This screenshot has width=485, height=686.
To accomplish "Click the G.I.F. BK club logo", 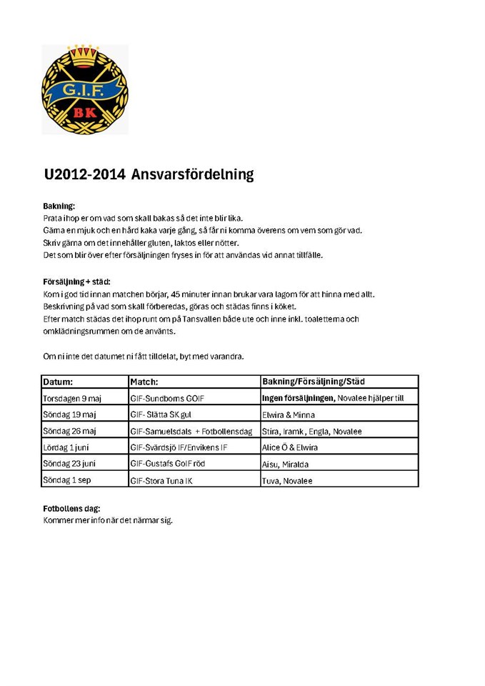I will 85,89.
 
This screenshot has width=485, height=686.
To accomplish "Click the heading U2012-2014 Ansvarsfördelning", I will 149,174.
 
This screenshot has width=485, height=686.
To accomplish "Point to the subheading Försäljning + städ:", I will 76,282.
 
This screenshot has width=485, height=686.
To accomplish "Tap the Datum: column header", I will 58,382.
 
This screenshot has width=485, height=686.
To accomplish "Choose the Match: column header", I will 144,382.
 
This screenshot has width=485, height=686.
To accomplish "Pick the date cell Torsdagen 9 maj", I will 74,398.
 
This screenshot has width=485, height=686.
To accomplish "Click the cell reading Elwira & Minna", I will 289,415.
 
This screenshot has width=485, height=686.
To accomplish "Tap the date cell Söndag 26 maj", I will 70,431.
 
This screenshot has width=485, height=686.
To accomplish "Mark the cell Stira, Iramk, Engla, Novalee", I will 312,432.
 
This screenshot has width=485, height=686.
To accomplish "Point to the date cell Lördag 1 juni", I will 69,447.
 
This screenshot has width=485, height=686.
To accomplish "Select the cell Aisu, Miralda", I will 286,464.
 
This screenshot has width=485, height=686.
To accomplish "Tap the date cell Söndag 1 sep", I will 67,480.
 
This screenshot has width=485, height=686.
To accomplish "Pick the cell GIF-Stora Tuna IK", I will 161,481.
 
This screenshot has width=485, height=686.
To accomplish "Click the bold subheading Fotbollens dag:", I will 71,509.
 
